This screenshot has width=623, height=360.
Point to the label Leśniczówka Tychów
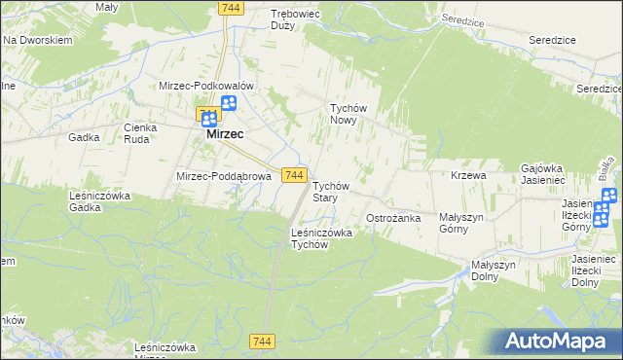click(x=321, y=238)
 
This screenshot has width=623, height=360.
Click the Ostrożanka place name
click(x=392, y=218)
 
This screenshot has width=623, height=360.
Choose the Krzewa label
click(x=468, y=175)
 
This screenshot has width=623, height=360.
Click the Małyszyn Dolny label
click(x=498, y=270)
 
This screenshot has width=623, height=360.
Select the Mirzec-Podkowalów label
click(x=206, y=86)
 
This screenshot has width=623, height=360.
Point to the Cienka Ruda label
click(x=141, y=133)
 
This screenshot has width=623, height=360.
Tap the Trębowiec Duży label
click(x=295, y=20)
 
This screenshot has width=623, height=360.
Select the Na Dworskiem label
click(x=38, y=41)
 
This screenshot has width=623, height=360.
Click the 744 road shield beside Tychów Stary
click(x=296, y=174)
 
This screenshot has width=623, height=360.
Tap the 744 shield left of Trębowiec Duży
click(x=230, y=8)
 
